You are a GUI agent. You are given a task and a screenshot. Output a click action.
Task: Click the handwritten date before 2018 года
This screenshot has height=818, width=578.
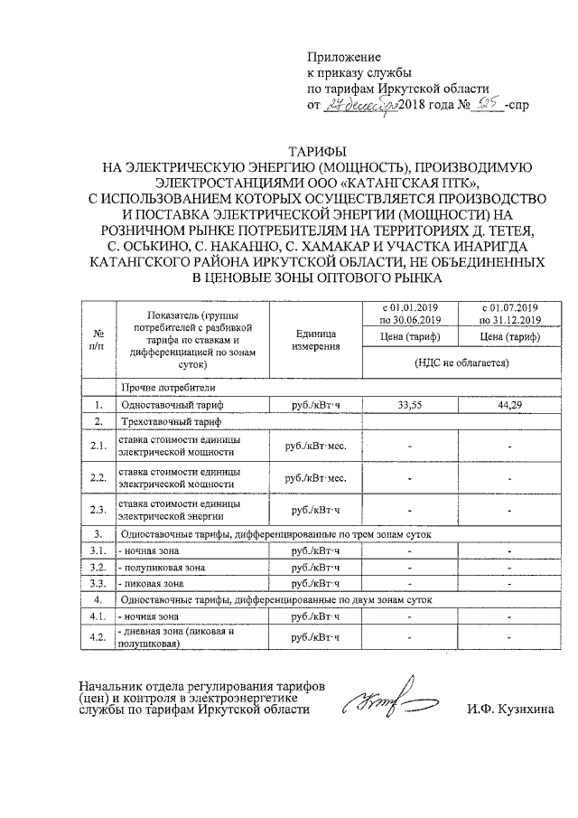(x=360, y=105)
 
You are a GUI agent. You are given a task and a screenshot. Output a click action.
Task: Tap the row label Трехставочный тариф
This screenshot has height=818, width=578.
(x=172, y=421)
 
